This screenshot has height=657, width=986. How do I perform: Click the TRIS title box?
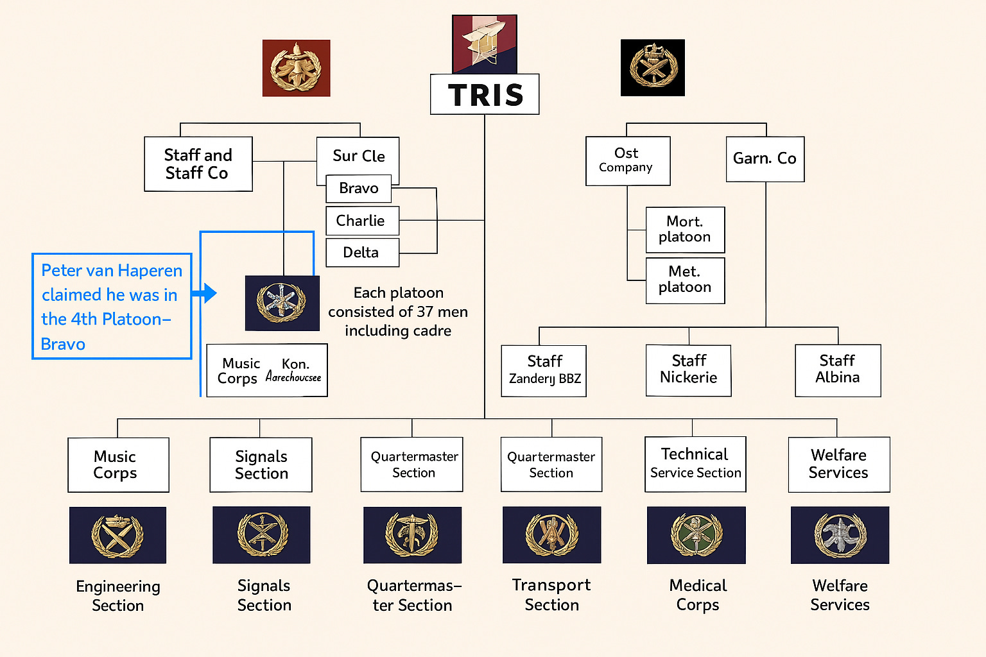(x=485, y=94)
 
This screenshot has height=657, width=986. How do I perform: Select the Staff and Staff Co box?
(x=198, y=164)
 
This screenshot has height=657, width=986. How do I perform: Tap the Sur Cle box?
(x=358, y=156)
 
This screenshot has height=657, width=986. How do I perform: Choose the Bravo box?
(x=358, y=188)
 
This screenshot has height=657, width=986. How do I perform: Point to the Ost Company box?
(x=627, y=160)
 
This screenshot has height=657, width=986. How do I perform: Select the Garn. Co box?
(x=765, y=158)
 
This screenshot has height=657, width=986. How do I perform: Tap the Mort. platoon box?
(x=685, y=230)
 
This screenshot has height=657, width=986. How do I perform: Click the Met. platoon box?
(x=685, y=280)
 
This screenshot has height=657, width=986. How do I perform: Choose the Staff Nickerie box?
(x=688, y=370)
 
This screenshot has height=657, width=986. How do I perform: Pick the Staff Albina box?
(x=837, y=370)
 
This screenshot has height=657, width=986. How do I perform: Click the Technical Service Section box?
(x=695, y=464)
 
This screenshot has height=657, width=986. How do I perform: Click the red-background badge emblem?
(x=296, y=68)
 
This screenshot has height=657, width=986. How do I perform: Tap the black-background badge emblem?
(x=652, y=67)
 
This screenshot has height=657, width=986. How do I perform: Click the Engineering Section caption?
(x=118, y=595)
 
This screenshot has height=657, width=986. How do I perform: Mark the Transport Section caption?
(x=551, y=595)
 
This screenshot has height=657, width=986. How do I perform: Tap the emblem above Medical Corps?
(x=696, y=535)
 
